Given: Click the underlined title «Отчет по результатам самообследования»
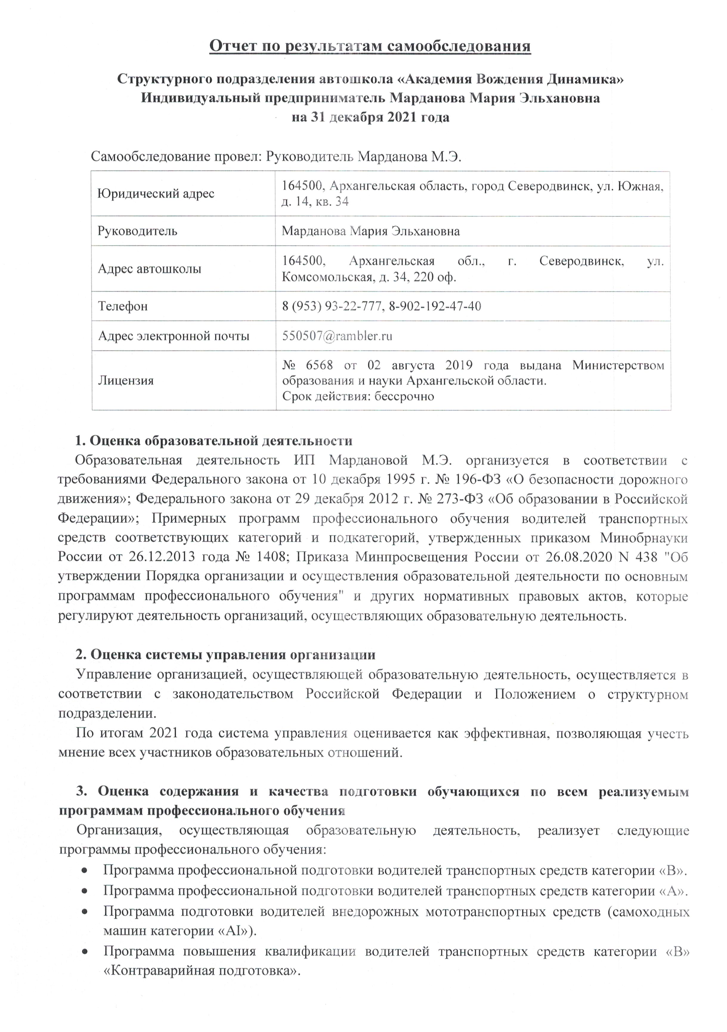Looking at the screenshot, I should pyautogui.click(x=370, y=46).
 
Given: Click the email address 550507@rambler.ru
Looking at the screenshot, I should pyautogui.click(x=337, y=336).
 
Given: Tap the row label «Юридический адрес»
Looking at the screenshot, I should pyautogui.click(x=156, y=194).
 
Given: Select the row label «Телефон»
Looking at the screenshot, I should pyautogui.click(x=123, y=306).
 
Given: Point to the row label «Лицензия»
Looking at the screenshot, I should pyautogui.click(x=126, y=380).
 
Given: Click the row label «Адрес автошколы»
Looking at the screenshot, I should pyautogui.click(x=149, y=269).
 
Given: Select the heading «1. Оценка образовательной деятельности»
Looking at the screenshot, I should pyautogui.click(x=214, y=441).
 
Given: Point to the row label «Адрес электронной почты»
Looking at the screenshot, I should pyautogui.click(x=173, y=336).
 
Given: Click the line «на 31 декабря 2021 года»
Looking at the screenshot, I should pyautogui.click(x=370, y=117).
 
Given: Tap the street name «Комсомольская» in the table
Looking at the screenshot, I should pyautogui.click(x=327, y=277).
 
